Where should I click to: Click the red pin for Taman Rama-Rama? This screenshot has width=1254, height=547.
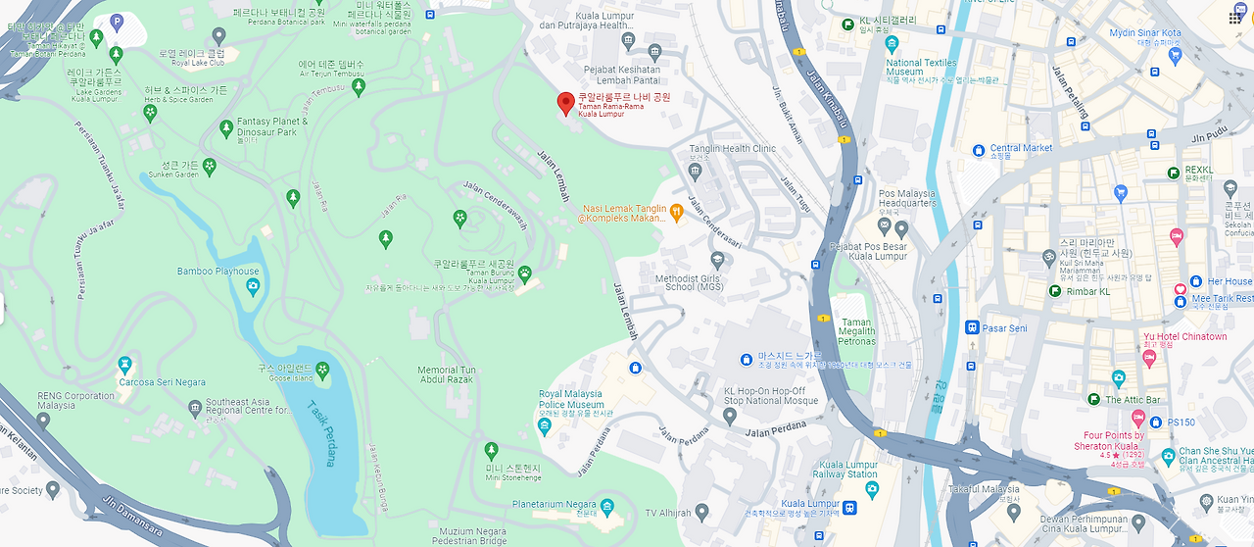[565, 103]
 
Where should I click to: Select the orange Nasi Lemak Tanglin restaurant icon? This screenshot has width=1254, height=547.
[676, 211]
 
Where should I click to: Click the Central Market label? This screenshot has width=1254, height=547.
[1021, 148]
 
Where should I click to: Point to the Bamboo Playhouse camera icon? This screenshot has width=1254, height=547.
[253, 287]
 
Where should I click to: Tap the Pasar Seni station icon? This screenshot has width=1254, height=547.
[972, 327]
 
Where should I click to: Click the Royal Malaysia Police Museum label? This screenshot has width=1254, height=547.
[571, 399]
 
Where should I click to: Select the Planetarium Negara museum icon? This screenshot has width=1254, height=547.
[608, 510]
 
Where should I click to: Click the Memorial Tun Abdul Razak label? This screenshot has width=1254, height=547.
[446, 374]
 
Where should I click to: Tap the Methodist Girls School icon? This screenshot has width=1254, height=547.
[717, 260]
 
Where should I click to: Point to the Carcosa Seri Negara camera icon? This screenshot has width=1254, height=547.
[124, 366]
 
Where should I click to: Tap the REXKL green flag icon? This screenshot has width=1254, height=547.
[1174, 173]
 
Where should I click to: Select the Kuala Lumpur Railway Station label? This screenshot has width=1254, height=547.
[844, 469]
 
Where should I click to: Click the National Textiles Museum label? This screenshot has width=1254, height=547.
[921, 68]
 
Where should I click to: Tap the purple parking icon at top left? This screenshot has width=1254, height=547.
[117, 21]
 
